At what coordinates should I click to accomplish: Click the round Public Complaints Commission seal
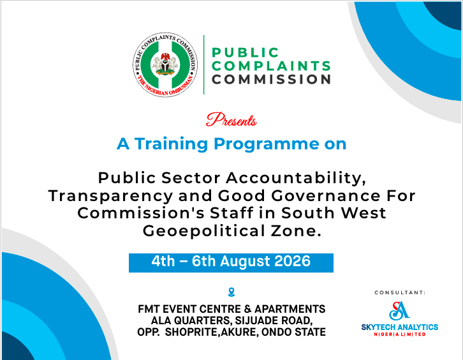[165, 64]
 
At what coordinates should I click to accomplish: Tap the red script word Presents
[231, 120]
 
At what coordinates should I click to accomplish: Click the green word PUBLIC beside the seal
[245, 53]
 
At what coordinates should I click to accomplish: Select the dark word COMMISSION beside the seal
[271, 80]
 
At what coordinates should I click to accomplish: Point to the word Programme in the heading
[266, 145]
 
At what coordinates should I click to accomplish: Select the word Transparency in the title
[110, 197]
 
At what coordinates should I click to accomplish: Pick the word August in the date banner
[245, 262]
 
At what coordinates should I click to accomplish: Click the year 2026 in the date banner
[292, 261]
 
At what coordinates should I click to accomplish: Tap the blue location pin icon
[231, 292]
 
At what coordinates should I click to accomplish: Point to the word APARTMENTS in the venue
[290, 309]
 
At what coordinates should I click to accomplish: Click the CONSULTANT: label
[400, 292]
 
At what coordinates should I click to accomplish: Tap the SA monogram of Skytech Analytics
[399, 311]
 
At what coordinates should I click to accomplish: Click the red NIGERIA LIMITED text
[400, 334]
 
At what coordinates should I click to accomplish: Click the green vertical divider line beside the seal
[203, 64]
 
